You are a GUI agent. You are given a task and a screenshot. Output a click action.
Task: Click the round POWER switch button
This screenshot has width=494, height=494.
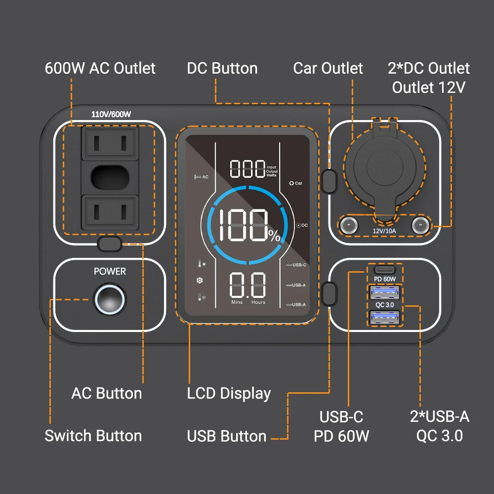pos(110,299)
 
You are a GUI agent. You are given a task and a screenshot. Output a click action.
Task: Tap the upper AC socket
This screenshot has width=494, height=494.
pos(110,143)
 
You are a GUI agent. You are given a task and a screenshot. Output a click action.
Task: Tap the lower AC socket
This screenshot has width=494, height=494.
pos(110,212)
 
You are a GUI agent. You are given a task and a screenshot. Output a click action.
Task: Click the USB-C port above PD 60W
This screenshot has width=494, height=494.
pos(385,270)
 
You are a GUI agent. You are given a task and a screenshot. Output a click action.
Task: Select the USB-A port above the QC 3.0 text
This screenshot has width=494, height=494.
pos(385,292)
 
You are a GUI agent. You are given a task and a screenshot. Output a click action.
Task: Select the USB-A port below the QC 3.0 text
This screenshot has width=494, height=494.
pos(385,317)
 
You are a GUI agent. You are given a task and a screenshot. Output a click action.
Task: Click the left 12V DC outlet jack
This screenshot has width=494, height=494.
pos(348,225)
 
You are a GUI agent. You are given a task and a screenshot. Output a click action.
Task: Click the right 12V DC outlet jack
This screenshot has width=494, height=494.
pos(420,225)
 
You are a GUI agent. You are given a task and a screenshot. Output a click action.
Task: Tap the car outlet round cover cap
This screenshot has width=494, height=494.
pos(385,167)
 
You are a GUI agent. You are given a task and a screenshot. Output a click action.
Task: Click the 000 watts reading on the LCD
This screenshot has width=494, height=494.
pos(247,168)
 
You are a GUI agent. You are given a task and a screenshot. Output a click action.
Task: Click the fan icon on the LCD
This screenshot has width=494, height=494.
pos(200,280)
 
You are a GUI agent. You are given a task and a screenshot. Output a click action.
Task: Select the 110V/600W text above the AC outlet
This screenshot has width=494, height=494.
pos(111,114)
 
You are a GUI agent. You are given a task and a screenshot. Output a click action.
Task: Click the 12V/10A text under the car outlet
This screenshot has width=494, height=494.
pos(384,231)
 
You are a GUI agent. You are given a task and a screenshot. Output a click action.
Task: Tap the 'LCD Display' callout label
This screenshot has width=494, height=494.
pos(229,394)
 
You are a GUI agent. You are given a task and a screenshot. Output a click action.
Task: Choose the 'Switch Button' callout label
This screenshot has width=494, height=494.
pos(93,436)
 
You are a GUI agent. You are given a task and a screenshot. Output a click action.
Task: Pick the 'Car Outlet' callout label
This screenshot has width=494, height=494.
pos(328,68)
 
